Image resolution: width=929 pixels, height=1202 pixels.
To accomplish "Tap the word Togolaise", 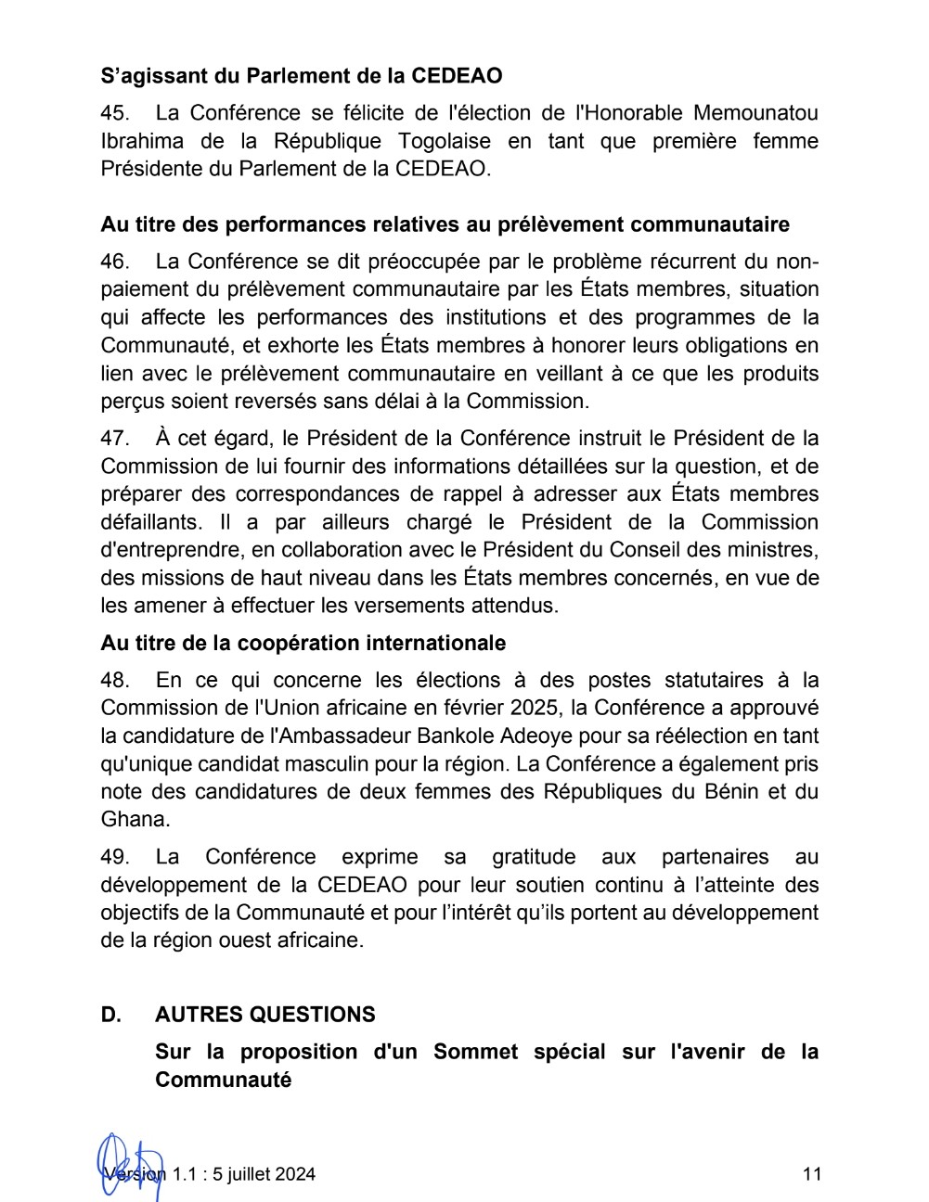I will point(445,141).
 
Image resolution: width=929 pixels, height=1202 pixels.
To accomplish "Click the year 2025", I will point(534,708).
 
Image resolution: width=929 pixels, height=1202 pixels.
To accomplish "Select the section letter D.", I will point(110,1014).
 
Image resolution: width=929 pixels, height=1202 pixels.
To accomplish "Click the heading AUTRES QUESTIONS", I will point(265,1014).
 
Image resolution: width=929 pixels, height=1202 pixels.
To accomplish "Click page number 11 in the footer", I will point(812,1174).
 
